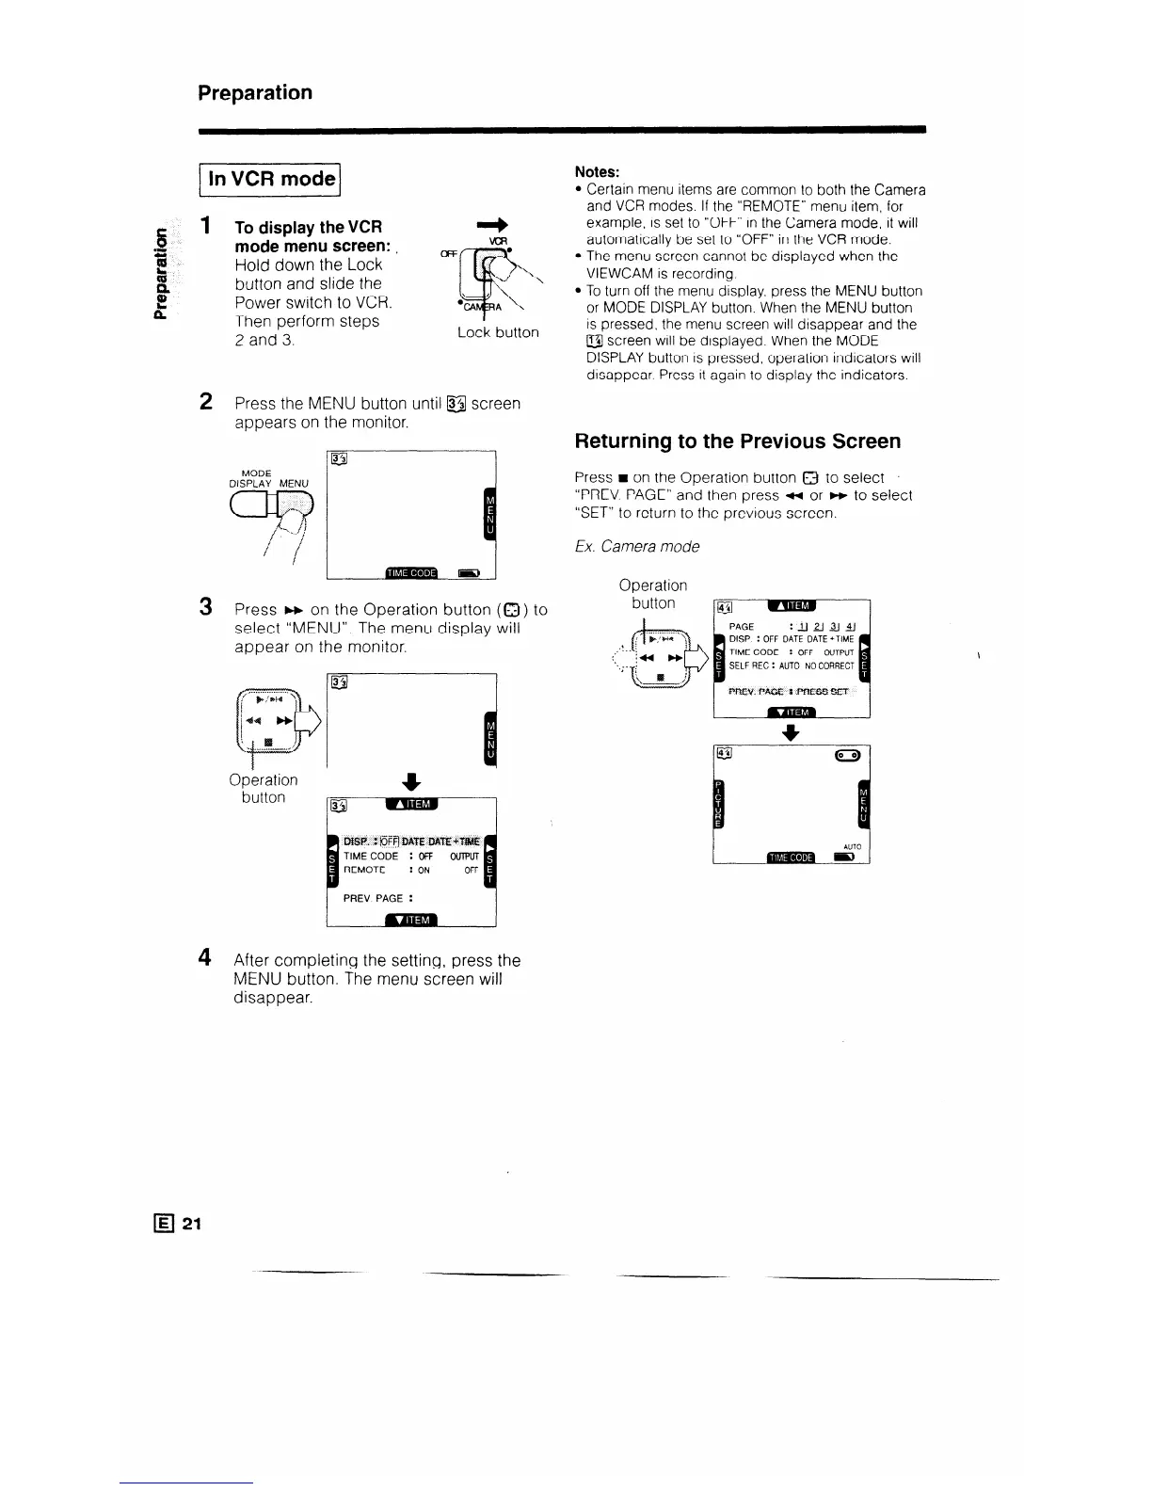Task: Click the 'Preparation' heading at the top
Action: pyautogui.click(x=255, y=92)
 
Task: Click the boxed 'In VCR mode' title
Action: pyautogui.click(x=271, y=179)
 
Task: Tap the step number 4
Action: pyautogui.click(x=204, y=959)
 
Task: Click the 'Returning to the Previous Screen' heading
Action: pyautogui.click(x=737, y=441)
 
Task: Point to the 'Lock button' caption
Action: pyautogui.click(x=498, y=332)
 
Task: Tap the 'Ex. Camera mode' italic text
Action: pyautogui.click(x=636, y=546)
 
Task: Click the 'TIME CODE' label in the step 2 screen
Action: pyautogui.click(x=411, y=572)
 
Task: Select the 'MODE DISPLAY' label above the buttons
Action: pyautogui.click(x=256, y=478)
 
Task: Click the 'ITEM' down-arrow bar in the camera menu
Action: pyautogui.click(x=792, y=712)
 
